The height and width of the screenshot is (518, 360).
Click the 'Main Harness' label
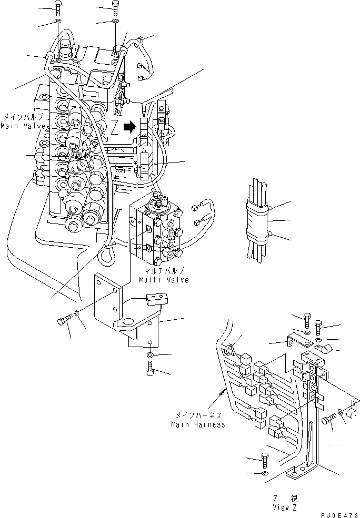coord(197,424)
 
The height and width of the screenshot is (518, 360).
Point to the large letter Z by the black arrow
coord(114,127)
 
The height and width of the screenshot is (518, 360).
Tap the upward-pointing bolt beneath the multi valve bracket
coord(150,370)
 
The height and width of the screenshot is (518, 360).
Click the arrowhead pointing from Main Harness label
coord(223,391)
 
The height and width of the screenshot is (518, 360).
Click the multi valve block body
coord(156,234)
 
